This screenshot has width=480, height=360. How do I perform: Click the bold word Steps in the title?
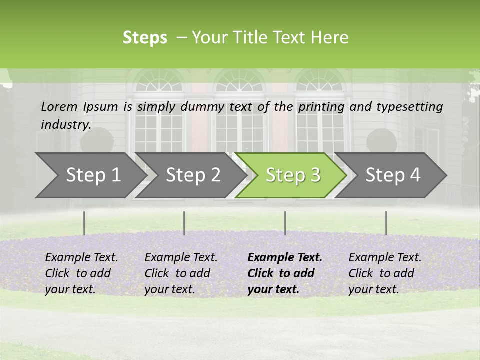145,38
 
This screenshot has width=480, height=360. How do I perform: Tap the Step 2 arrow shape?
190,175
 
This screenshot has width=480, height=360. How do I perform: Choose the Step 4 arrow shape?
392,175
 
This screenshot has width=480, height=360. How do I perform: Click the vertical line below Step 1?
84,223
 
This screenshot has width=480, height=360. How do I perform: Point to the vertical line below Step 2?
184,223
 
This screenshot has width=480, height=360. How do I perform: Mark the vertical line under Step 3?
285,223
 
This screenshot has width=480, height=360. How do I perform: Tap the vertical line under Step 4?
386,223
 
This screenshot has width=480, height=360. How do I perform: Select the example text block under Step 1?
81,273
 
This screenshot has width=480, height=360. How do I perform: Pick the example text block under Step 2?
181,273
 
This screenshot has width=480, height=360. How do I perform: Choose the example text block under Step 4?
385,273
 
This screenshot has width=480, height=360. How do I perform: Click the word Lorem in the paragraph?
59,106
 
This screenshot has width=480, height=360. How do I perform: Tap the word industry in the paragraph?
66,124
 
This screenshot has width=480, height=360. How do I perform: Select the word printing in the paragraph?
321,107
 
